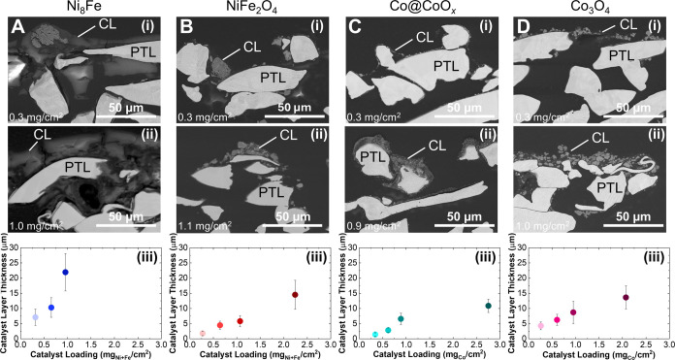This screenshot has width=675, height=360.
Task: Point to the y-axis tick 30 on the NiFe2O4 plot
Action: (x=183, y=247)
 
